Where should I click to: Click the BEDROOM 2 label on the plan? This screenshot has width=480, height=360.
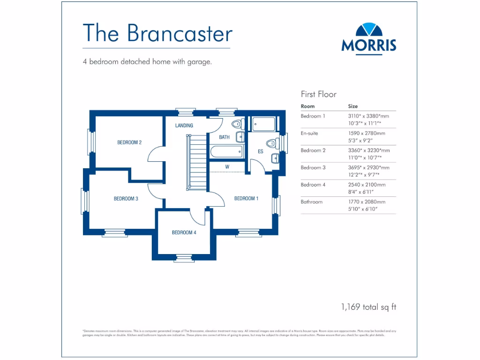(x=129, y=142)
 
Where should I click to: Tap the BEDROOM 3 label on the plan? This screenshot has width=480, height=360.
(x=126, y=199)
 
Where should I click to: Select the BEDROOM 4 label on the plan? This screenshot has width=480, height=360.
(x=184, y=232)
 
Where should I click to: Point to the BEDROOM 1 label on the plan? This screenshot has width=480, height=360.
(x=246, y=199)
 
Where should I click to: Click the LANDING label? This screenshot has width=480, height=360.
(x=184, y=126)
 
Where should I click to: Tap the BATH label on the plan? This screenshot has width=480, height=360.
(x=225, y=137)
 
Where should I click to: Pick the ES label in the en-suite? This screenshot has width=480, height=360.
(x=261, y=151)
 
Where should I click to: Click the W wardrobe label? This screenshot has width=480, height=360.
(x=227, y=166)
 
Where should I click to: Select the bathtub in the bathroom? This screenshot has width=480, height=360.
(x=227, y=151)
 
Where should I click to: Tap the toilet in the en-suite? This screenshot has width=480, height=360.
(x=271, y=143)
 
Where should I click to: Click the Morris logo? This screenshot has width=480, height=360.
(x=368, y=38)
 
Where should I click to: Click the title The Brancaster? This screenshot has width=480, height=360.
(x=157, y=33)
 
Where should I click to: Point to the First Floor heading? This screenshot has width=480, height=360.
(x=319, y=94)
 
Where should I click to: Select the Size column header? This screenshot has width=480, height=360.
(x=353, y=106)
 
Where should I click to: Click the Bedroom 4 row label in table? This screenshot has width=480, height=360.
(x=313, y=185)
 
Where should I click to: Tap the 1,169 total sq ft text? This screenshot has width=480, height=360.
(x=368, y=307)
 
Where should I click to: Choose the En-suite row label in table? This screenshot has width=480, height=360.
(x=309, y=133)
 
